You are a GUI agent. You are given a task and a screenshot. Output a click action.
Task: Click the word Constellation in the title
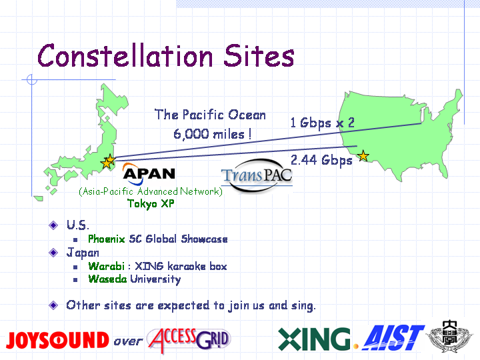coord(125,55)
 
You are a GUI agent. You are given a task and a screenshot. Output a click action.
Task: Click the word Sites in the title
coord(259,55)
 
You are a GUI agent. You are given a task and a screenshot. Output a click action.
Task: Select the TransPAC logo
coord(257,175)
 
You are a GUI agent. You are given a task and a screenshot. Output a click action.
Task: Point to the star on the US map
coord(363,156)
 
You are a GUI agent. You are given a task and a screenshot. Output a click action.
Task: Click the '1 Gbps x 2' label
coord(323,123)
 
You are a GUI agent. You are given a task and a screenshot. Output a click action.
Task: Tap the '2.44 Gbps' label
coord(321,161)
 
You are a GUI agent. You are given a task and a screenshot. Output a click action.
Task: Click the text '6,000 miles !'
coord(213,134)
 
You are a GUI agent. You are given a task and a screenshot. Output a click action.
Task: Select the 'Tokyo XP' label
coord(151,203)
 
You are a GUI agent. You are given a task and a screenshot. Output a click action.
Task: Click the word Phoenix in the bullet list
coord(107,239)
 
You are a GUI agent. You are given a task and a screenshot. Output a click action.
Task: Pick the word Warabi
coord(107,266)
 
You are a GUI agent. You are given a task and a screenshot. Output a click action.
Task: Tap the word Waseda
coord(107,279)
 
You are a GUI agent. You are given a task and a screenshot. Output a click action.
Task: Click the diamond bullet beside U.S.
coord(53,225)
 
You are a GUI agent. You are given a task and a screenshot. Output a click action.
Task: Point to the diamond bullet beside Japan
coord(53,253)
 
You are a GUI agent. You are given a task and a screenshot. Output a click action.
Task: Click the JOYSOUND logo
coord(57,340)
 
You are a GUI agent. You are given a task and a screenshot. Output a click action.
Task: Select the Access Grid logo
coord(189,339)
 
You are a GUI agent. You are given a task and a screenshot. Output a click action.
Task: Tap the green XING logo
coord(314,339)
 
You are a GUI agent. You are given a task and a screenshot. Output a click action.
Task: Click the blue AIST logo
coord(393,338)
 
